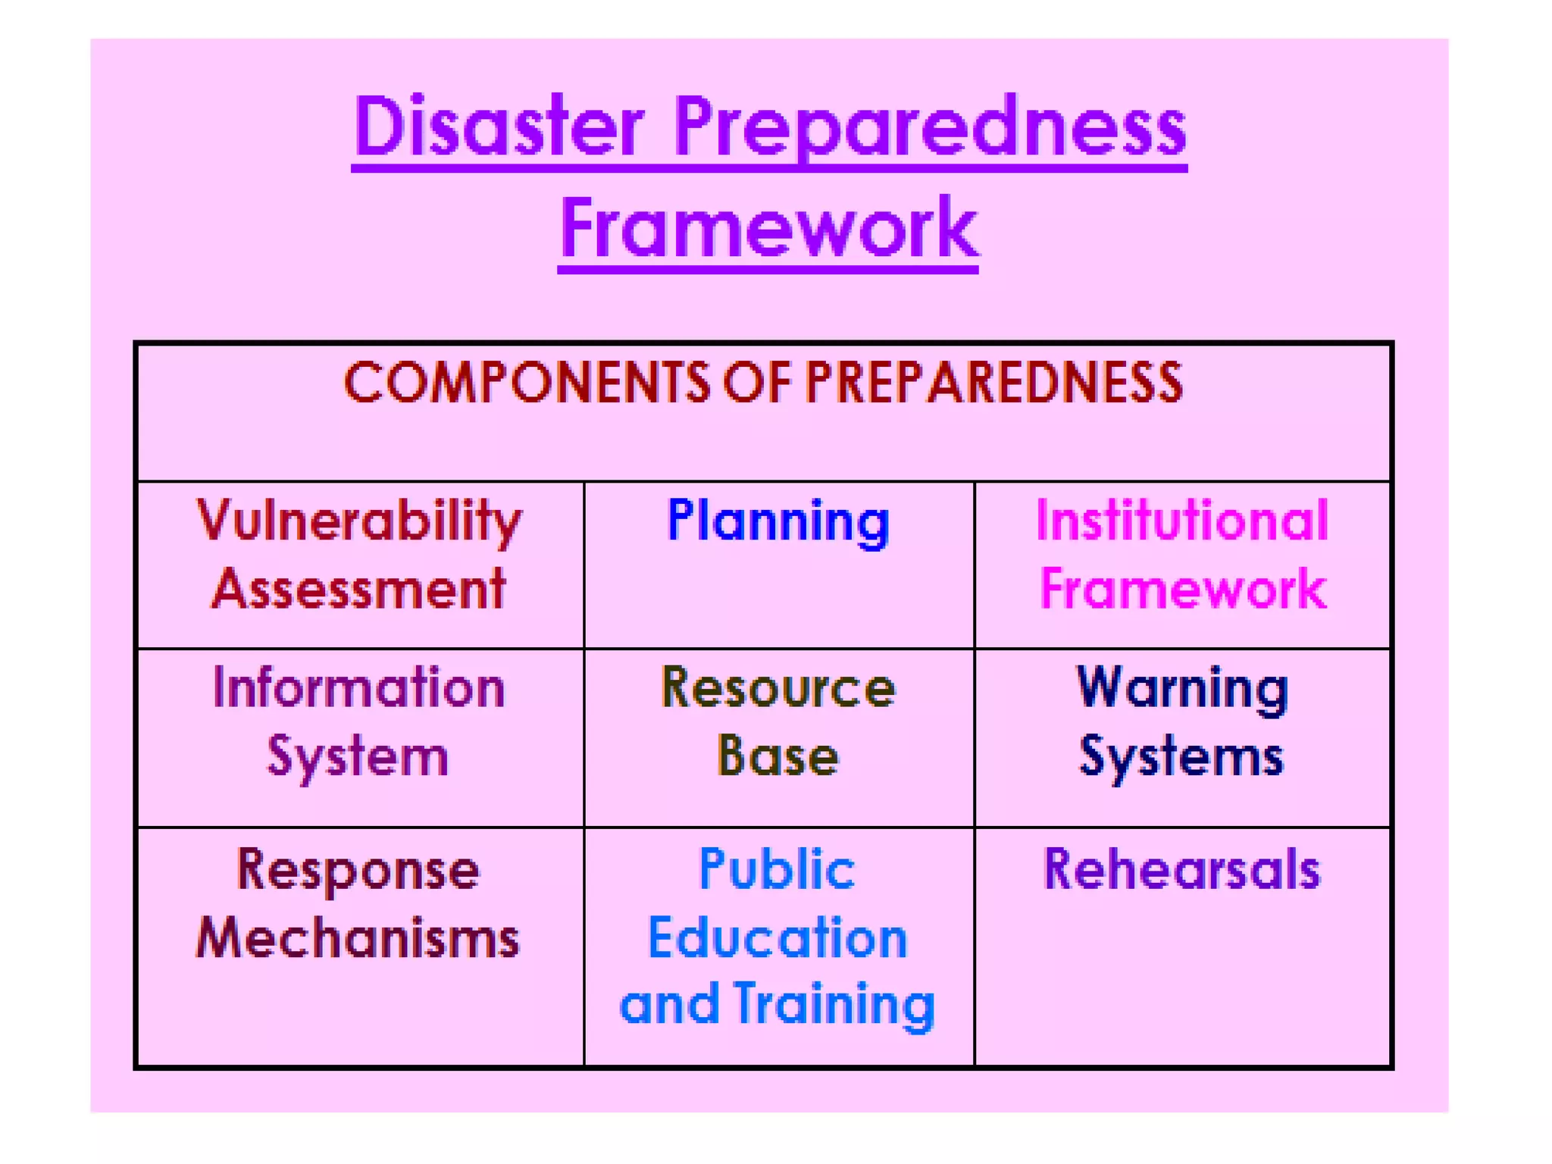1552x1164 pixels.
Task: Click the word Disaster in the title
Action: coord(499,127)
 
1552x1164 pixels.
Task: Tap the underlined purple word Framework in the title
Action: coord(768,227)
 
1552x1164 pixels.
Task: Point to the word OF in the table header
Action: coord(757,383)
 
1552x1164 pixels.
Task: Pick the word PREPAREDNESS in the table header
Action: coord(993,383)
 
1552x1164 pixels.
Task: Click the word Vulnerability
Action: coord(359,522)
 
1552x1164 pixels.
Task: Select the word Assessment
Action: coord(358,589)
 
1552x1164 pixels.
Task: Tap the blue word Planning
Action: coord(778,522)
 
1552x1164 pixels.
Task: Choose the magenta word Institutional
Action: coord(1182,521)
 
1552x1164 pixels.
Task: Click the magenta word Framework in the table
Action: coord(1182,589)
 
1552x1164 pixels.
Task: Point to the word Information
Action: coord(358,688)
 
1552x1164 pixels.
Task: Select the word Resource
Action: coord(778,688)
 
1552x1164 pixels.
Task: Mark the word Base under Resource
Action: coord(778,756)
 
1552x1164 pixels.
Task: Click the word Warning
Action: coord(1182,688)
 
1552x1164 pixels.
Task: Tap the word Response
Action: coord(358,870)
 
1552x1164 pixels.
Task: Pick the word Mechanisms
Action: coord(358,938)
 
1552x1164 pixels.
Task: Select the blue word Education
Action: coord(778,938)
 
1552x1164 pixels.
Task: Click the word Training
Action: coord(834,1005)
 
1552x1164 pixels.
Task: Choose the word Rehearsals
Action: coord(1182,870)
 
